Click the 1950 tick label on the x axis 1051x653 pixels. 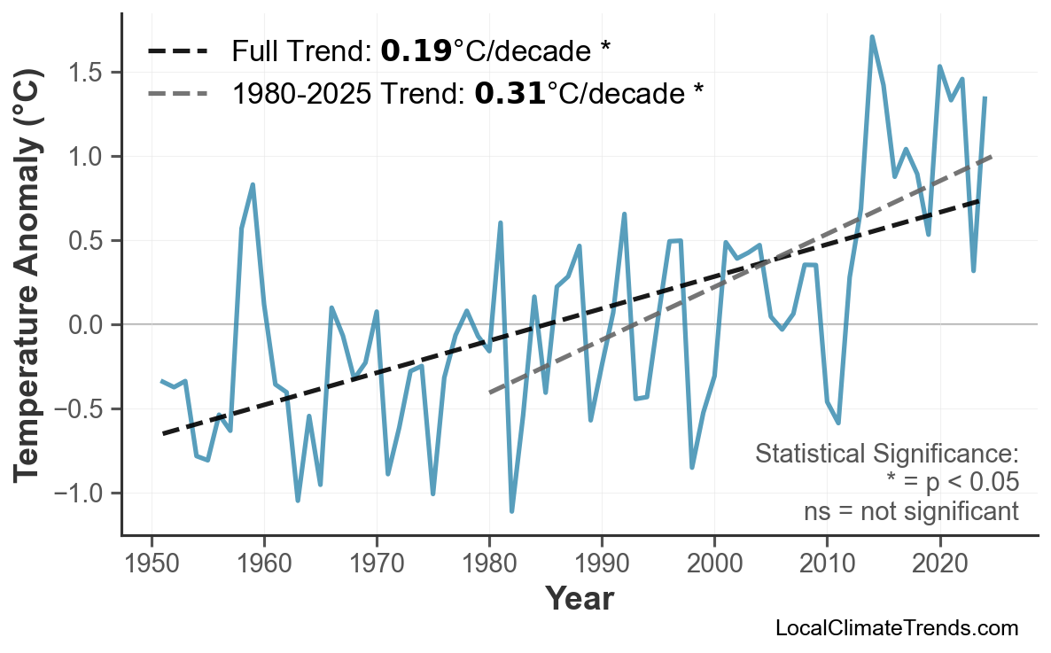point(152,564)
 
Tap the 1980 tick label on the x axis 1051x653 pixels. point(489,564)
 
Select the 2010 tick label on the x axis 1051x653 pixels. point(827,564)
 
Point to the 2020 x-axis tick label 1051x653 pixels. point(939,564)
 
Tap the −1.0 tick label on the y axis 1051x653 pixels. point(82,494)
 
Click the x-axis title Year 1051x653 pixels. point(579,600)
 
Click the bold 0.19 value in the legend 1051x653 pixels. point(416,51)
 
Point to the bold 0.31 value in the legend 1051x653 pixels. point(510,92)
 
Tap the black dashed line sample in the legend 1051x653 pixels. point(177,51)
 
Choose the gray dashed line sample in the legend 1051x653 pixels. point(177,92)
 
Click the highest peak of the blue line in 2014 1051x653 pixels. point(872,37)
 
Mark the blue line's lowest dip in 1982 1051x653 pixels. point(512,511)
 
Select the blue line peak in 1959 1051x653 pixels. point(253,185)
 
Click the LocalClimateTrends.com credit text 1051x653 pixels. point(896,629)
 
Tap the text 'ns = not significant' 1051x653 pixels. point(911,511)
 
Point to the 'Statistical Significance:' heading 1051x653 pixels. point(886,455)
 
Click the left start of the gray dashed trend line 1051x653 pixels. point(490,392)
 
